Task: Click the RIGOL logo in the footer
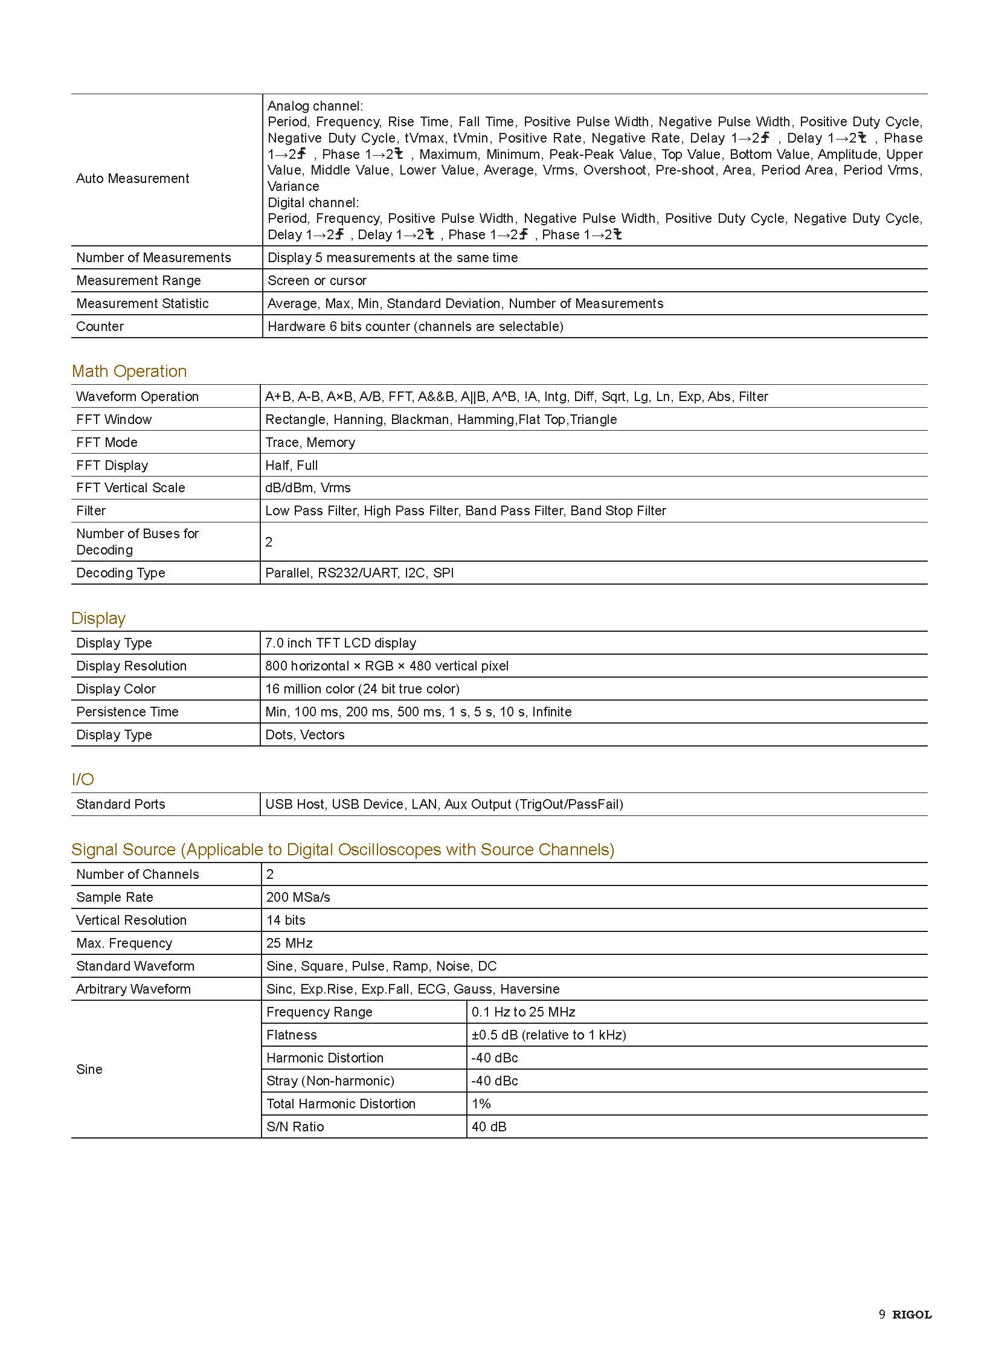[x=912, y=1314]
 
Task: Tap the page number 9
[x=882, y=1314]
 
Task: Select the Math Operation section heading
[x=129, y=371]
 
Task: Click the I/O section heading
[x=83, y=779]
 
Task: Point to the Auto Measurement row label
[x=132, y=178]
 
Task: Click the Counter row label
[x=100, y=327]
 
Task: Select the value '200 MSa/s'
[x=298, y=897]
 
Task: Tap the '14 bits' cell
[x=286, y=920]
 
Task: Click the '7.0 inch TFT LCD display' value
[x=341, y=643]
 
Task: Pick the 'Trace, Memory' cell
[x=310, y=442]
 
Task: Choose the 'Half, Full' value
[x=291, y=465]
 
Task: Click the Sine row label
[x=89, y=1069]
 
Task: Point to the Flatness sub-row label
[x=292, y=1035]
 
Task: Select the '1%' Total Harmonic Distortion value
[x=481, y=1104]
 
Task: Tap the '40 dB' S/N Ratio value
[x=489, y=1126]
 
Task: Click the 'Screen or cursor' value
[x=317, y=281]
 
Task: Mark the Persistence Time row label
[x=127, y=712]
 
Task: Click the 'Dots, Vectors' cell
[x=305, y=735]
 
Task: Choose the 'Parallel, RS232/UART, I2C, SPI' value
[x=359, y=573]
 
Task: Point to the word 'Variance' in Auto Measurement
[x=294, y=186]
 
